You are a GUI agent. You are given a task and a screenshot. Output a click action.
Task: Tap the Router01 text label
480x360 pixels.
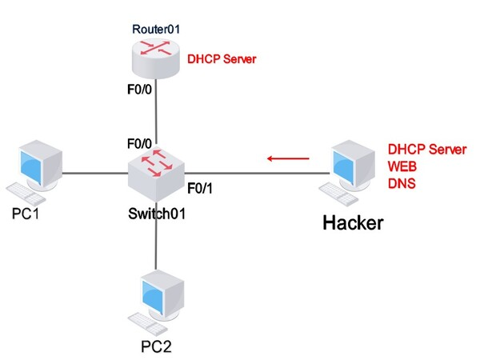(x=157, y=29)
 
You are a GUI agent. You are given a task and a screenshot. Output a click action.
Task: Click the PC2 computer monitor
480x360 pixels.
(x=161, y=297)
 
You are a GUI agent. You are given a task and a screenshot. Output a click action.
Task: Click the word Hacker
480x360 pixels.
(x=352, y=222)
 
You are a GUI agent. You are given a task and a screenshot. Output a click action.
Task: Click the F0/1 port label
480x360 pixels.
(x=199, y=189)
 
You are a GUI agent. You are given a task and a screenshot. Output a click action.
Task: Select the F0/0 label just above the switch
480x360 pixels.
(x=139, y=146)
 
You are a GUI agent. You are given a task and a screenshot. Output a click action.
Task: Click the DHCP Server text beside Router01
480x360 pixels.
(x=222, y=59)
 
